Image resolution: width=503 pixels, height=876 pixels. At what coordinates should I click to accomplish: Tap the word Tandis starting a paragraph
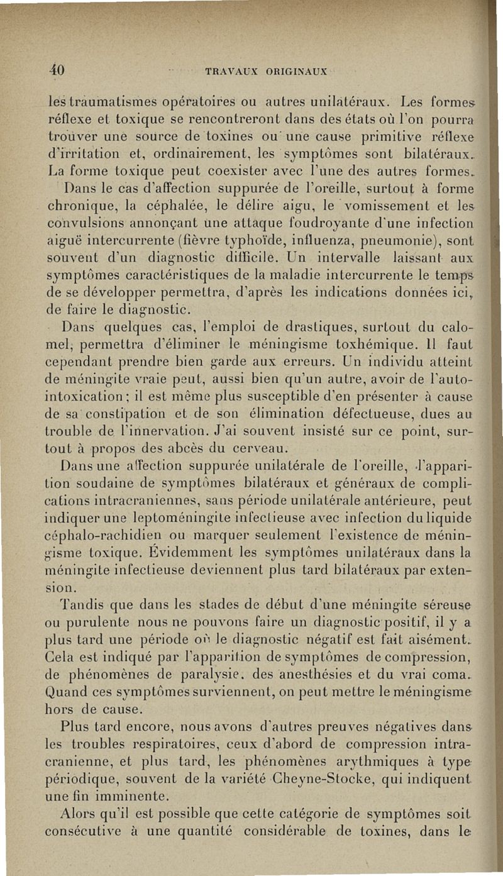pyautogui.click(x=82, y=603)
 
